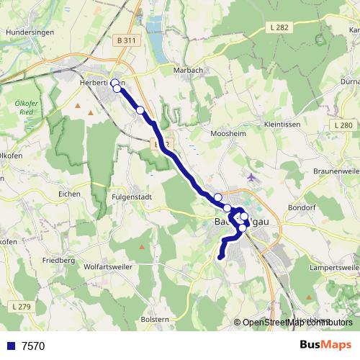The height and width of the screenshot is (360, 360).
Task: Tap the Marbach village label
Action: [x=189, y=70]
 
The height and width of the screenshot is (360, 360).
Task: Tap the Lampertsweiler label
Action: [x=334, y=267]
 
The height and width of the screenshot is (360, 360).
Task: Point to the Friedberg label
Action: [x=58, y=259]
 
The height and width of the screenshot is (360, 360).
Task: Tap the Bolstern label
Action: [x=155, y=319]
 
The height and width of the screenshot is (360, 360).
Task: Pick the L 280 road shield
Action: [x=344, y=125]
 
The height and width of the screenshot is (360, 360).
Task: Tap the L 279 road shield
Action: [x=22, y=307]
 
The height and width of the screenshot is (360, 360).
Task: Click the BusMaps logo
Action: [x=325, y=345]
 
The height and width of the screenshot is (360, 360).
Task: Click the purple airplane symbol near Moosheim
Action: [x=251, y=177]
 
